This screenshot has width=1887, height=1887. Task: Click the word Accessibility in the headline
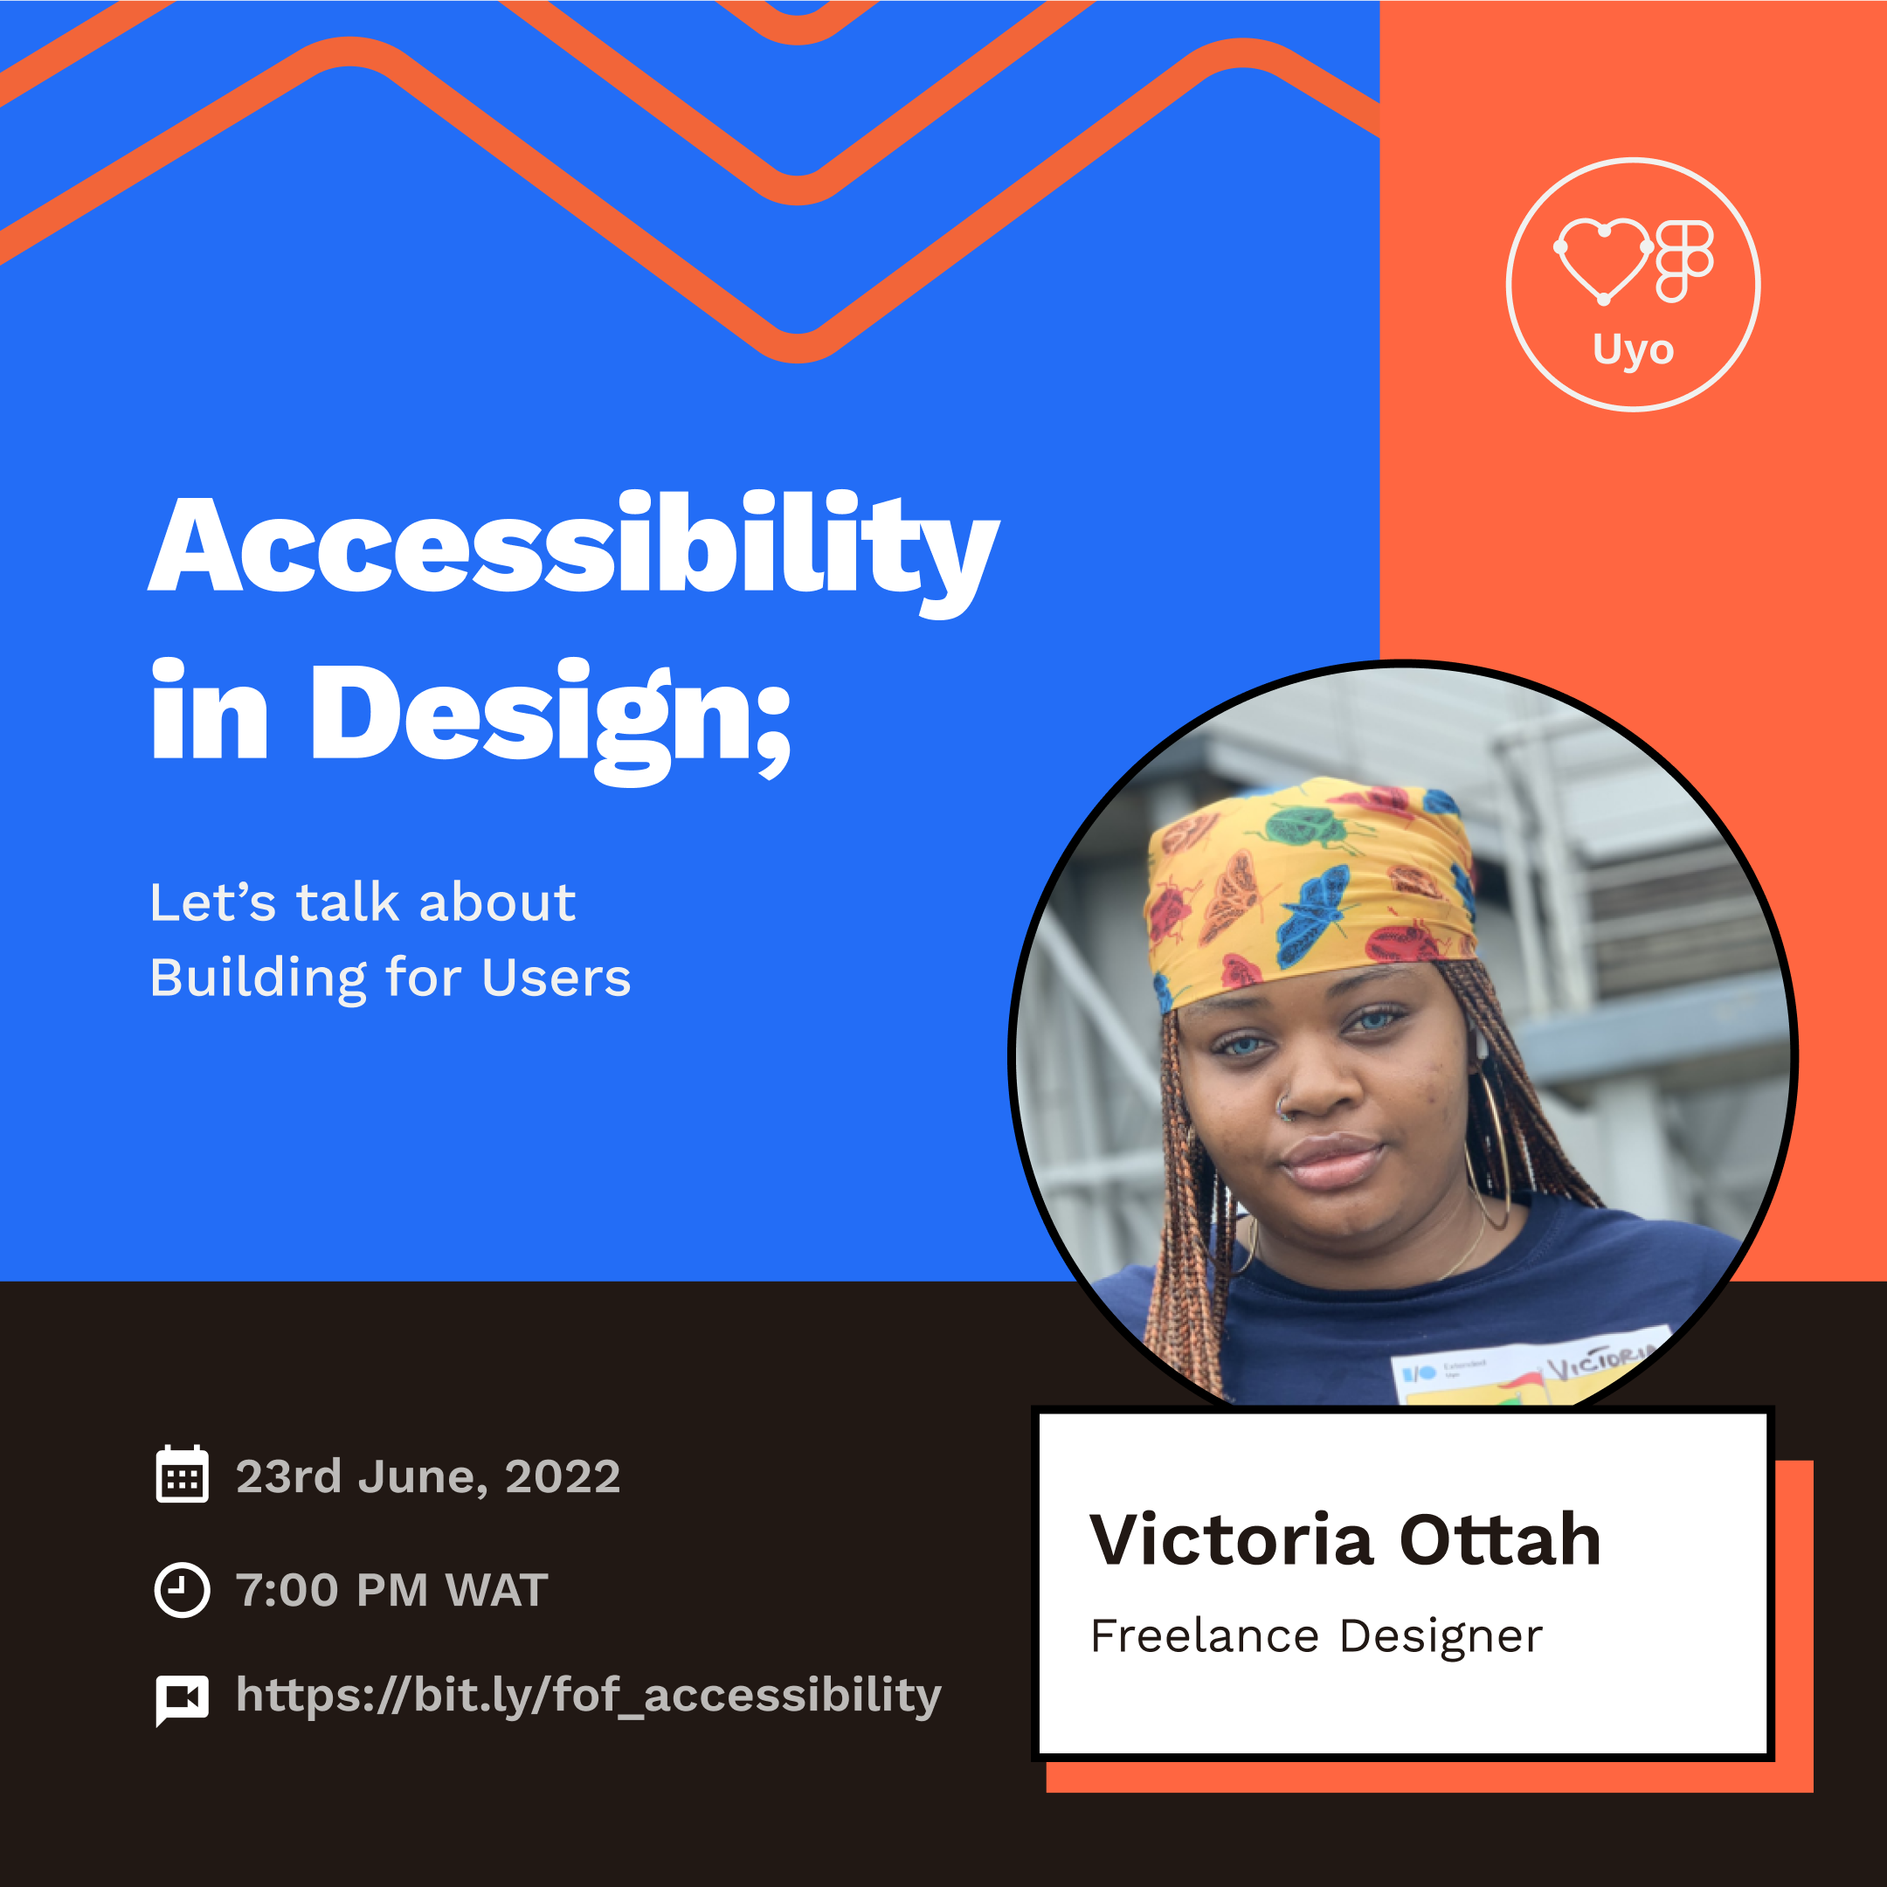click(573, 546)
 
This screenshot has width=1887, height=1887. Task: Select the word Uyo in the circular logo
click(1633, 349)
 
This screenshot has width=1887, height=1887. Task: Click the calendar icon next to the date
click(182, 1475)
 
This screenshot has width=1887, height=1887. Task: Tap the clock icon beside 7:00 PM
click(182, 1590)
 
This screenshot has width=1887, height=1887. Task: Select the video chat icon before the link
click(182, 1700)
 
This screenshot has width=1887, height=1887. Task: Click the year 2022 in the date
click(562, 1476)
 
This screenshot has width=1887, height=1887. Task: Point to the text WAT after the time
click(496, 1591)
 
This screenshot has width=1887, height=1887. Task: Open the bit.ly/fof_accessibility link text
click(588, 1696)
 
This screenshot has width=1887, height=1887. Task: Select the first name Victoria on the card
click(1232, 1541)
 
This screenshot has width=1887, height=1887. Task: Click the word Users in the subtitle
click(556, 978)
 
